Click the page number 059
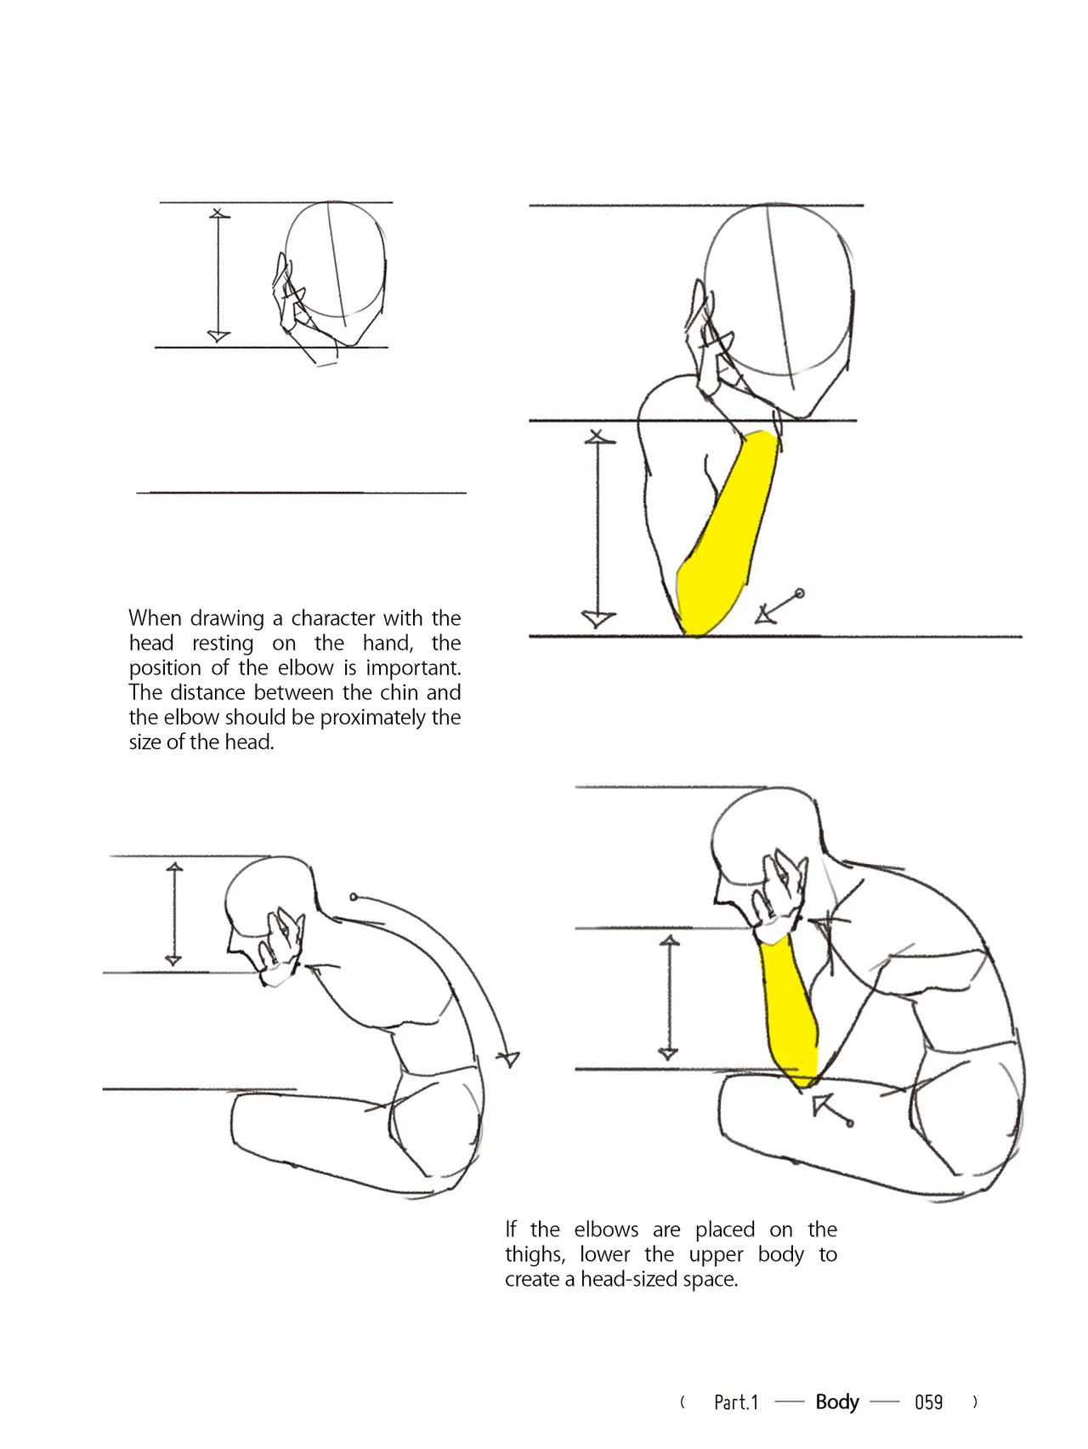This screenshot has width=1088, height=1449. [x=928, y=1402]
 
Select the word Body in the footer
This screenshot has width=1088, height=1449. [x=837, y=1402]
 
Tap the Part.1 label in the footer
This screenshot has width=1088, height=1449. [x=736, y=1402]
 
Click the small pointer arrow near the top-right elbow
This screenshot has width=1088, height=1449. [x=778, y=607]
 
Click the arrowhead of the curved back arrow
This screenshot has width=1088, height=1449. [x=508, y=1059]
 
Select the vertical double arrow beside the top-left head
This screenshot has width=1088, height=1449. [x=218, y=276]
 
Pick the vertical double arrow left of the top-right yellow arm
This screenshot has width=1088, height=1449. [x=598, y=529]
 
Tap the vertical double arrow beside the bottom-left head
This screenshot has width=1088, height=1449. [x=174, y=914]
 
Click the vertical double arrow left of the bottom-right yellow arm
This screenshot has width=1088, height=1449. [x=670, y=997]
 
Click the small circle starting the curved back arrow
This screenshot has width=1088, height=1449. [x=354, y=896]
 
